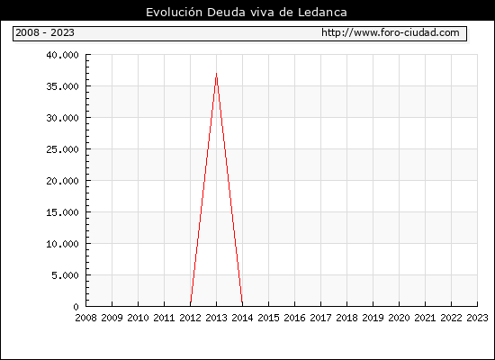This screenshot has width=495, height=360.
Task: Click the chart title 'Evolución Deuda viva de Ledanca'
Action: tap(247, 13)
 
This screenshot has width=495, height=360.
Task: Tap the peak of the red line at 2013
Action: tap(216, 73)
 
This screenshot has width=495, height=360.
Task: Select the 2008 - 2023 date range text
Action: tap(45, 32)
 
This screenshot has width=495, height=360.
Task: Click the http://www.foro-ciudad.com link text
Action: tap(391, 32)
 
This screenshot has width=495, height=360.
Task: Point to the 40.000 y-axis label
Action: tap(62, 55)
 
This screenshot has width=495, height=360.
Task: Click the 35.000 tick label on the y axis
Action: tap(62, 86)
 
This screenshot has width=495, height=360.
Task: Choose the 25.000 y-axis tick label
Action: tap(62, 149)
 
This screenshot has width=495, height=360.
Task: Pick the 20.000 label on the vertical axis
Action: tap(62, 181)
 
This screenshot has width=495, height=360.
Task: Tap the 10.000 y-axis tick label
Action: tap(62, 244)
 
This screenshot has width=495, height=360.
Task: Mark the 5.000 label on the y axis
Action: tap(66, 275)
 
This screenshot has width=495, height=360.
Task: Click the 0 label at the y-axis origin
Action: tap(76, 307)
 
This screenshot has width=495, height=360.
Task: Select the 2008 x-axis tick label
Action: tap(85, 318)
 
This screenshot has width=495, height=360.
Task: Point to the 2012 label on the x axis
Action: tap(191, 318)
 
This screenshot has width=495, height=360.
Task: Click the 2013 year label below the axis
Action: tap(216, 318)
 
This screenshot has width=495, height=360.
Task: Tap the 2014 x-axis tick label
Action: tap(242, 318)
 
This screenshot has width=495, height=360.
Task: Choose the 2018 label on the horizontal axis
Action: tap(346, 318)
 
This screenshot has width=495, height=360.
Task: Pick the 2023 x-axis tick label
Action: tap(477, 318)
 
